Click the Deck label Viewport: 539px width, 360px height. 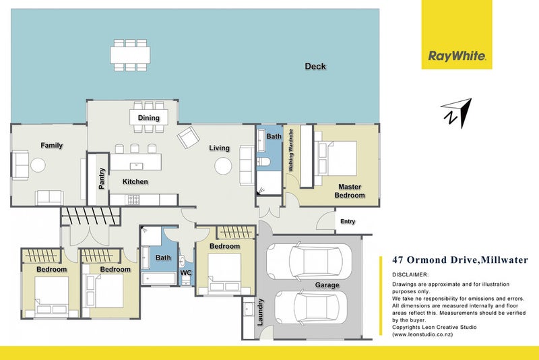(x=315, y=66)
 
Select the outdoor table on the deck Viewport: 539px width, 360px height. (x=130, y=55)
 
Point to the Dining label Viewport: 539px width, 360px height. (x=148, y=118)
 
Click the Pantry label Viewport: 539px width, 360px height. (x=102, y=179)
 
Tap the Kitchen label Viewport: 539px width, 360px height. (x=135, y=181)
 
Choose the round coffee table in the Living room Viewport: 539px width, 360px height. (x=223, y=166)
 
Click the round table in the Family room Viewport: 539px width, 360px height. (x=38, y=165)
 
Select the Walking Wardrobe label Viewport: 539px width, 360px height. (x=291, y=150)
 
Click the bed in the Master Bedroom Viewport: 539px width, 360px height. (x=335, y=158)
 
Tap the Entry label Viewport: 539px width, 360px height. (x=348, y=221)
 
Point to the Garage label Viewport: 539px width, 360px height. (x=327, y=285)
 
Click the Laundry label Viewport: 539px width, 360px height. (x=260, y=312)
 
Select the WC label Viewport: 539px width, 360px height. (x=186, y=273)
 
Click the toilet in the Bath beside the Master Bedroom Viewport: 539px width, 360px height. (x=263, y=162)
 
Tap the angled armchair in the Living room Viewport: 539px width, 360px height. (x=189, y=138)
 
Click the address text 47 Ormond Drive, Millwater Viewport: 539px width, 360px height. (x=460, y=260)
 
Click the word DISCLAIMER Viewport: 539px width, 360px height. (x=410, y=275)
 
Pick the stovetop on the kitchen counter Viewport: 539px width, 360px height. (x=133, y=200)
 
